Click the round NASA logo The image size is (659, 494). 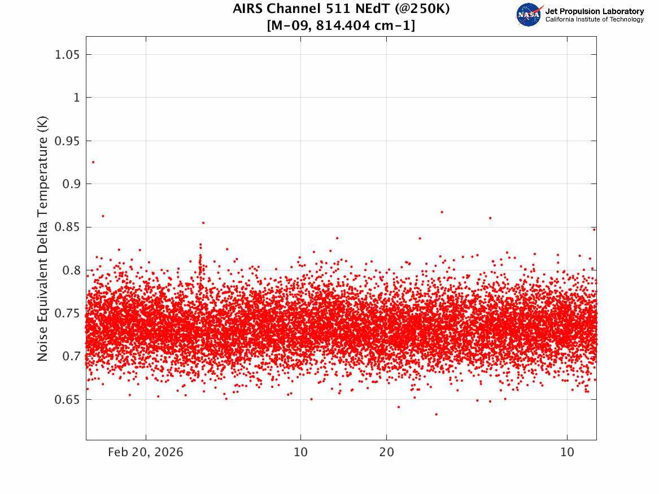pos(529,15)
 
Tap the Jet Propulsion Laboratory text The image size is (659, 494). pos(594,11)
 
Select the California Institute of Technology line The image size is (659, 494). pos(594,20)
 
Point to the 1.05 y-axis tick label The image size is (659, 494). pos(66,55)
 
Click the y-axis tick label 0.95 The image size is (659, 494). pos(66,141)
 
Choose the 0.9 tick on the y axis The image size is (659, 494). pos(69,184)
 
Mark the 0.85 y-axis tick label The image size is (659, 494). pos(66,228)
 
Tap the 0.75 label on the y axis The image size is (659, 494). pos(66,313)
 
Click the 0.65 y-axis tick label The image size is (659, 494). pos(66,400)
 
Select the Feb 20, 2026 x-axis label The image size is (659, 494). pos(146,453)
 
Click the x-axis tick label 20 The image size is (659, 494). pos(386,453)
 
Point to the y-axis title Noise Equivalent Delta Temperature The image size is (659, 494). pos(43,239)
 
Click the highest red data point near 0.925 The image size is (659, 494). pos(93,162)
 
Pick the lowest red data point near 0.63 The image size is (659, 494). pos(436,414)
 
